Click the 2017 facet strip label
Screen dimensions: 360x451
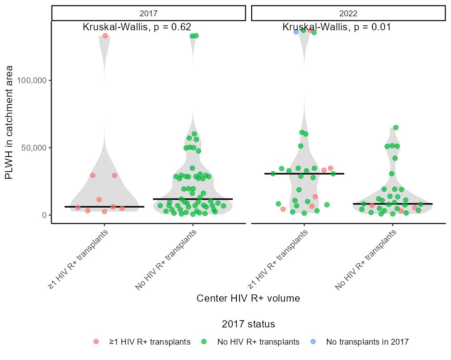pos(149,13)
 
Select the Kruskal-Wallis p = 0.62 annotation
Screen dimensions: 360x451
pos(137,27)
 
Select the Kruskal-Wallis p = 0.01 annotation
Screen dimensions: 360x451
pos(337,27)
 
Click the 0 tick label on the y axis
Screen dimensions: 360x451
pos(45,215)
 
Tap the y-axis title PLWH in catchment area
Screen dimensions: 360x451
pos(9,122)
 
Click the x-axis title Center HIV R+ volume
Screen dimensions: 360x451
pos(248,298)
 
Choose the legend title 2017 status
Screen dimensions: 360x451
pos(248,324)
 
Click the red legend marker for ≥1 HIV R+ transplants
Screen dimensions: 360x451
pos(96,342)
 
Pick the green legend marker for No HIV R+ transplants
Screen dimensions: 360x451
pos(204,342)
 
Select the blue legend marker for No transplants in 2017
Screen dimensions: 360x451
pos(313,342)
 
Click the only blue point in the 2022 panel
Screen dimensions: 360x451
pos(296,32)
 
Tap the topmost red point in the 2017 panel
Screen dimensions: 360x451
pos(105,36)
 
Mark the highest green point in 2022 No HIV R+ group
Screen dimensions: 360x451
pos(396,128)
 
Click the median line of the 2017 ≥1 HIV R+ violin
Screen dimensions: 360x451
pos(104,207)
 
